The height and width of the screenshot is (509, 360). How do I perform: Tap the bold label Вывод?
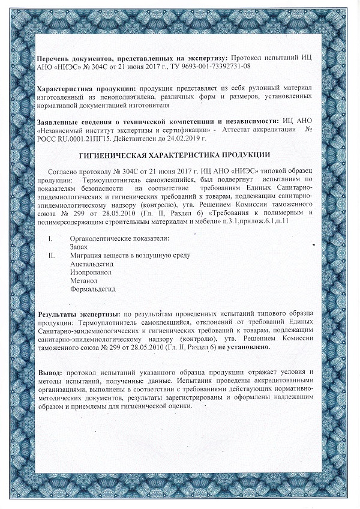pyautogui.click(x=50, y=373)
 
